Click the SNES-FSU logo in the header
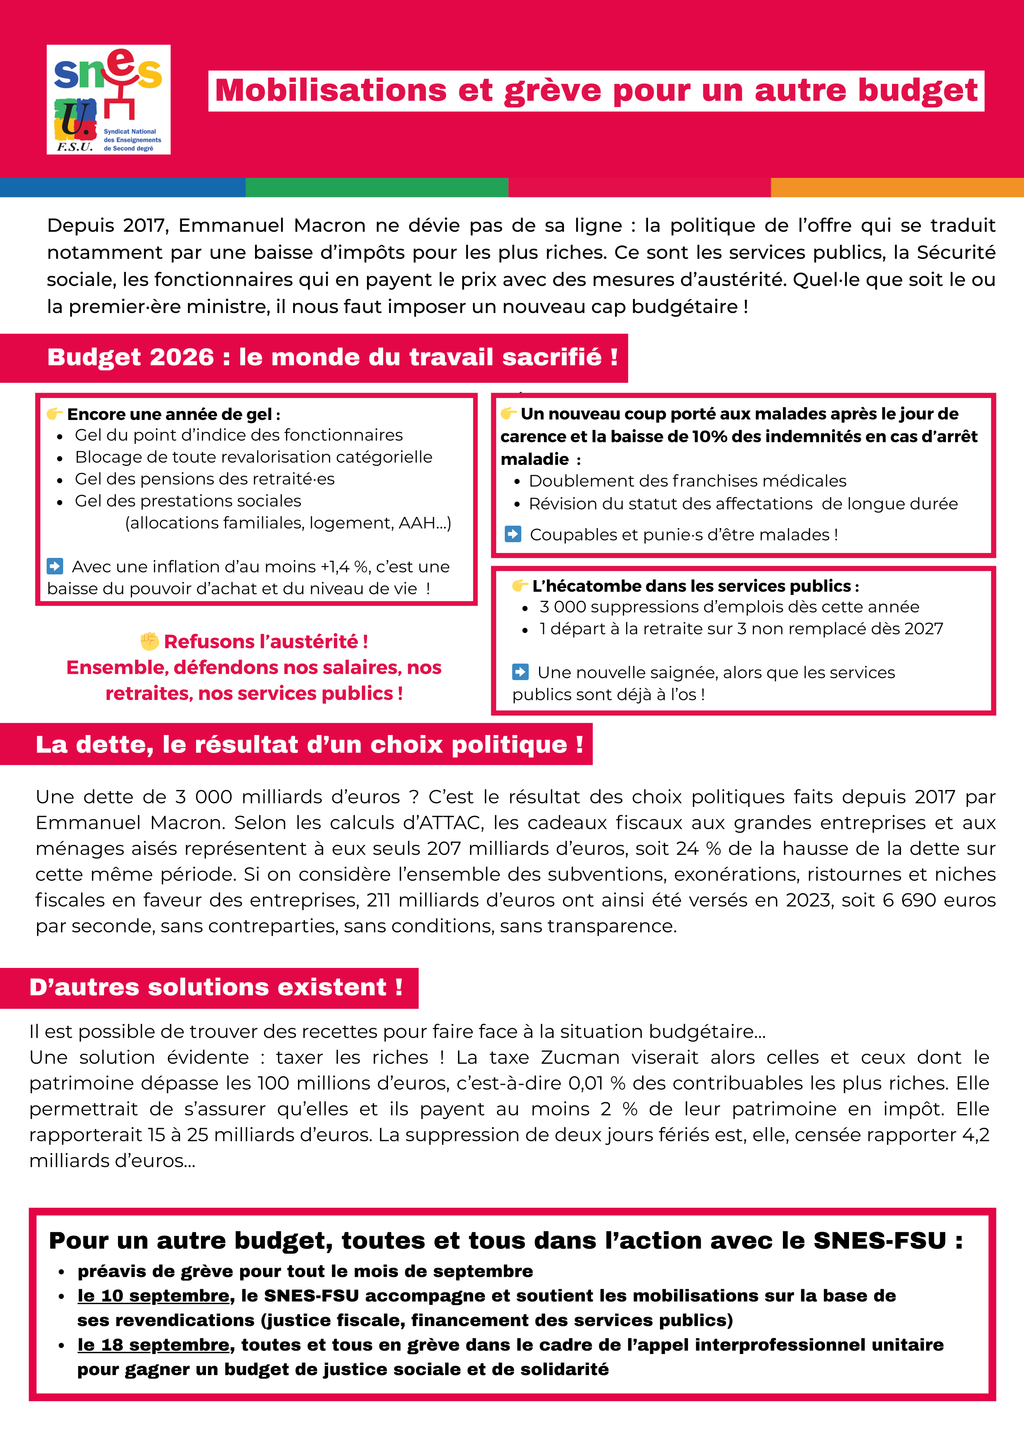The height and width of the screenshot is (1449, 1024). (109, 100)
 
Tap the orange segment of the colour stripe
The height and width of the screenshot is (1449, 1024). (896, 187)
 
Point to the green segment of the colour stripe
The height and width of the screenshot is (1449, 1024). (377, 187)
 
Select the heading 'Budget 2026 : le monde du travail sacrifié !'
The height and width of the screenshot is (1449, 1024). (333, 357)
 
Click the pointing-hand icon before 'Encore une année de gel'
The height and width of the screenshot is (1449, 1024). (55, 414)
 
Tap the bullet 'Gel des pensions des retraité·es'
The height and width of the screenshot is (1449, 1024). (204, 479)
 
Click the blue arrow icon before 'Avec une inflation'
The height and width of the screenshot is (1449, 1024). (55, 566)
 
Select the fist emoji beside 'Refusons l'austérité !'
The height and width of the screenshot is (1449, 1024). (149, 641)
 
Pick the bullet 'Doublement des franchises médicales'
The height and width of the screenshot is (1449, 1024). (687, 481)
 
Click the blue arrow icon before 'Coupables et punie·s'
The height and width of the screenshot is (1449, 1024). (513, 534)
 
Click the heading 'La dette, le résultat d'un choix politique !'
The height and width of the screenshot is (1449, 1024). (309, 745)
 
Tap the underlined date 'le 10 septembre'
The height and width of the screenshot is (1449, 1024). (153, 1296)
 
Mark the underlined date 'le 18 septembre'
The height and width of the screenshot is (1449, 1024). (153, 1345)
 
